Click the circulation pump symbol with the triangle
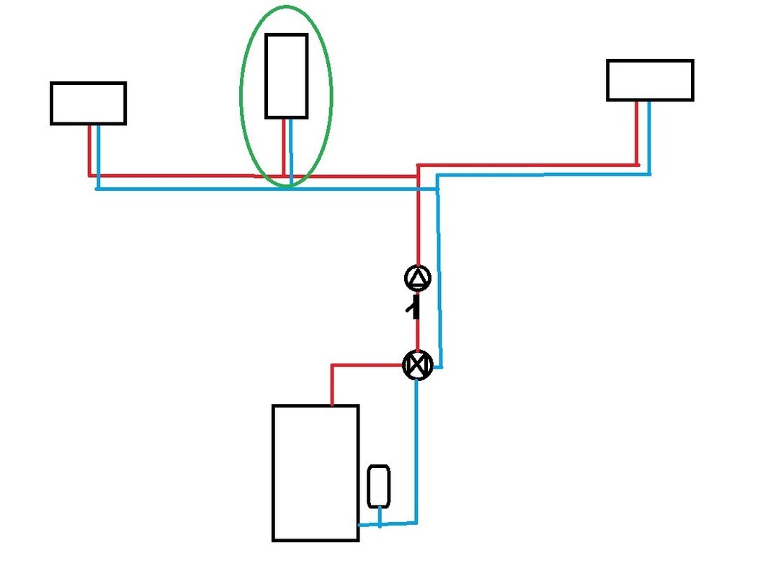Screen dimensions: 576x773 (x=418, y=278)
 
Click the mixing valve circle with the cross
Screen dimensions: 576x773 (x=417, y=366)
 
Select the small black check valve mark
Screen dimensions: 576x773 (x=414, y=308)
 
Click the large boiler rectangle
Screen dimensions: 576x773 (x=315, y=472)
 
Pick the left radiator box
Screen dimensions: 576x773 (x=88, y=103)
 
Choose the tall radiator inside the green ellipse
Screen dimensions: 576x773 (x=286, y=76)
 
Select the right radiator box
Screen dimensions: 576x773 (x=650, y=80)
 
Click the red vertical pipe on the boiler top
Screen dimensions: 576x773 (x=332, y=385)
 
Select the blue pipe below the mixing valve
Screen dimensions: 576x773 (x=417, y=446)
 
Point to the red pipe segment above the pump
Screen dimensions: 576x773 (x=418, y=223)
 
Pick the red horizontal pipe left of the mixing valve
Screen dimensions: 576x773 (x=367, y=366)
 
